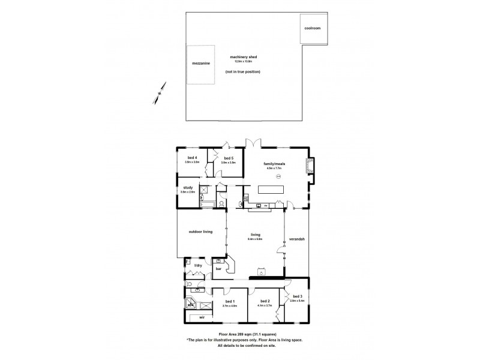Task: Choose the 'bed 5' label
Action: click(228, 158)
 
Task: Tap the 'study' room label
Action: click(188, 188)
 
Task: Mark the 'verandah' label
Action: click(297, 239)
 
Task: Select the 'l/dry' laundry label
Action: click(197, 265)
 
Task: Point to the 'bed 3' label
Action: click(298, 296)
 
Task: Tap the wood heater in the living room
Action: click(262, 271)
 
